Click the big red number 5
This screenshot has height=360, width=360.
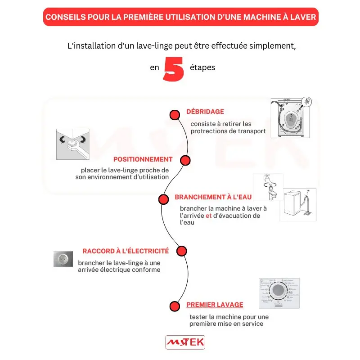pos(174,69)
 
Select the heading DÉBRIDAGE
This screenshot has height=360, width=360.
pos(205,112)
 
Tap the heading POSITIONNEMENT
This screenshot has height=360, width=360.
pos(143,159)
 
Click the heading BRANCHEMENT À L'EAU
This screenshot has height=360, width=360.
pos(213,197)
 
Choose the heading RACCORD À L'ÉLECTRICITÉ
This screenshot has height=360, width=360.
pos(126,251)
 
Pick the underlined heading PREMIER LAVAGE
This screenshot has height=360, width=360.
pos(215,305)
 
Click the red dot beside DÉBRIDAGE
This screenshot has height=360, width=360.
pos(175,115)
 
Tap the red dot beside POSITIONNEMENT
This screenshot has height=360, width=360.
pos(184,160)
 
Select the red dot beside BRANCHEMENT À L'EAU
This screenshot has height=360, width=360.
pos(163,199)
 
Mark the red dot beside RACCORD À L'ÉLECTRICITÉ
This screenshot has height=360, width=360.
pos(181,251)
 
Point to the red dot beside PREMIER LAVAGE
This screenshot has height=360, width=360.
pos(175,306)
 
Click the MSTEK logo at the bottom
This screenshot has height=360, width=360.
pos(185,342)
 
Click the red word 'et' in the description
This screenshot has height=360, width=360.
pos(208,216)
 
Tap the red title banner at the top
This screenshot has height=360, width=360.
pos(180,17)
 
